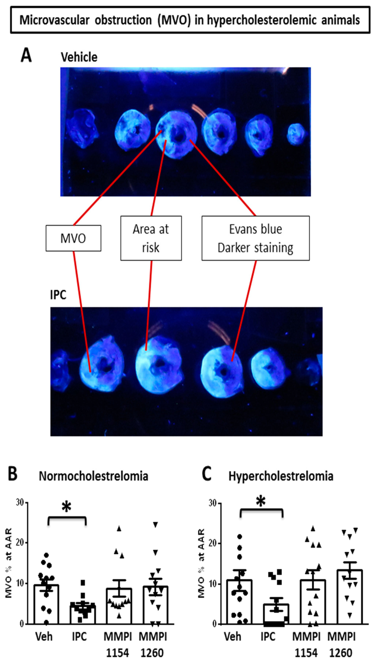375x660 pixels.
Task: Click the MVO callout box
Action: [73, 238]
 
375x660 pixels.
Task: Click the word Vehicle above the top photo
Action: [79, 57]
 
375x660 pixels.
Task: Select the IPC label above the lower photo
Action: [58, 295]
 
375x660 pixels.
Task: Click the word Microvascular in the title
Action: [54, 20]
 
